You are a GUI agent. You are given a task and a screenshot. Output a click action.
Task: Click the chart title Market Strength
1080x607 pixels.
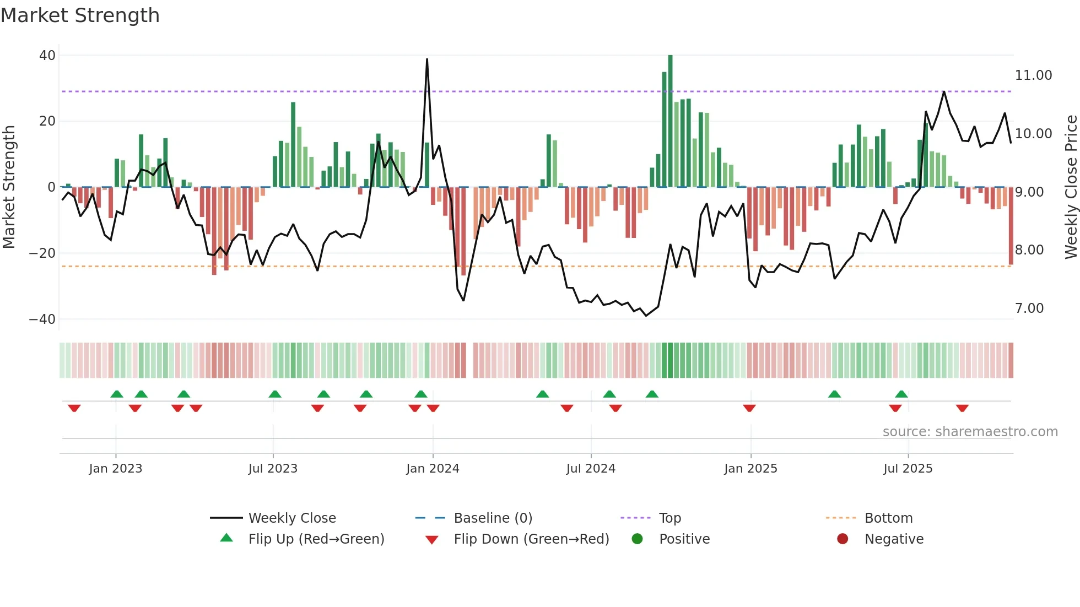tap(80, 15)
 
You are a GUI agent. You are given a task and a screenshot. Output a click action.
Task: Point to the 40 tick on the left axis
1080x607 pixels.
tap(47, 56)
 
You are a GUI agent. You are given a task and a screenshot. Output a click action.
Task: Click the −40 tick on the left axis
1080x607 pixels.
tap(42, 319)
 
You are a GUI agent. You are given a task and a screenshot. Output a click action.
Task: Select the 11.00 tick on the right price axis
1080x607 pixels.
tap(1033, 75)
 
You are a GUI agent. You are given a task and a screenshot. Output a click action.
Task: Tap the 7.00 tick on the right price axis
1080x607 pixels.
tap(1029, 308)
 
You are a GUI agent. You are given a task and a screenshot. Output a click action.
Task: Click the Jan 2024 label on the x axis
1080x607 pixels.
tap(433, 469)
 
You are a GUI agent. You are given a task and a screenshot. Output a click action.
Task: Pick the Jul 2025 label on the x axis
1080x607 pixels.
tap(908, 469)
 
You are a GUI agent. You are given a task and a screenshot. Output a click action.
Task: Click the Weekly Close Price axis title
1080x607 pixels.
tap(1071, 187)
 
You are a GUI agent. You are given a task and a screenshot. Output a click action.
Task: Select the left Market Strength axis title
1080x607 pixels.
tap(9, 187)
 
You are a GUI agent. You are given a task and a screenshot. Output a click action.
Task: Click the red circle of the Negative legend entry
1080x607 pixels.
tap(843, 539)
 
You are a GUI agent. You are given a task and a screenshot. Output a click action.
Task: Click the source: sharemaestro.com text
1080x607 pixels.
tap(970, 432)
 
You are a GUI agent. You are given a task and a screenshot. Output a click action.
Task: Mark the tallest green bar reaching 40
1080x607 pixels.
tap(670, 121)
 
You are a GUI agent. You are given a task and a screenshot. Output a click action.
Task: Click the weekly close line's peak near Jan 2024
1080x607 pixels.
tap(427, 59)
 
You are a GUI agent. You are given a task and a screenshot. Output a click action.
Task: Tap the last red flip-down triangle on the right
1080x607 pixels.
tap(962, 408)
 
